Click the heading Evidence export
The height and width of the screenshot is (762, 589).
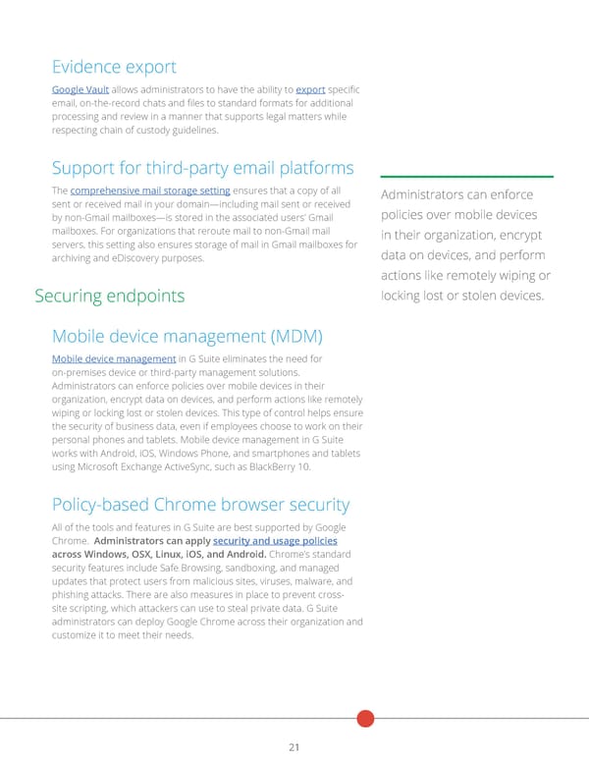114,67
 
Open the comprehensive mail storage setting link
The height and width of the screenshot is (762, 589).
150,190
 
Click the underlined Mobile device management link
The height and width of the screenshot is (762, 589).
113,358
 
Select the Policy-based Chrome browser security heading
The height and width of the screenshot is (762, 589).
200,505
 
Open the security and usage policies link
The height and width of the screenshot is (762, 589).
275,541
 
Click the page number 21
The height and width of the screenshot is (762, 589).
294,747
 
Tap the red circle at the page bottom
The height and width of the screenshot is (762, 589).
365,718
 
